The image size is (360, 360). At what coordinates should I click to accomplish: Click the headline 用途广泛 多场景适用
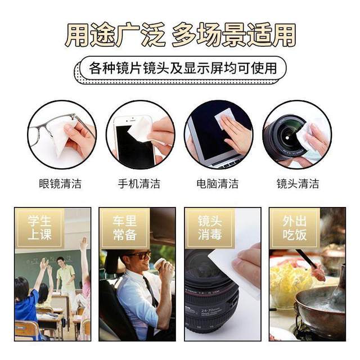180,35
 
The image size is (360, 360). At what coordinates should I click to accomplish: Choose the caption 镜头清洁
298,183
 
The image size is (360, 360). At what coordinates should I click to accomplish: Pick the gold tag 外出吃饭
294,228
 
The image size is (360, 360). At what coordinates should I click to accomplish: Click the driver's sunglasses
140,256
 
